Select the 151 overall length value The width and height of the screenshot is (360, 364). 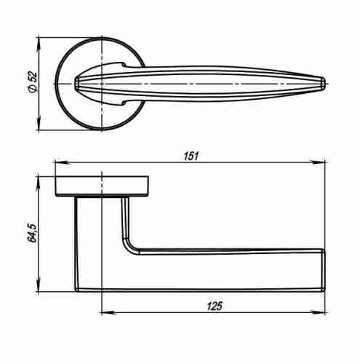pos(191,155)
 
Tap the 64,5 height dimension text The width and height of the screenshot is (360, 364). pos(31,232)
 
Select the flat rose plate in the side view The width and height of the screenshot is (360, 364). pos(102,186)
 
